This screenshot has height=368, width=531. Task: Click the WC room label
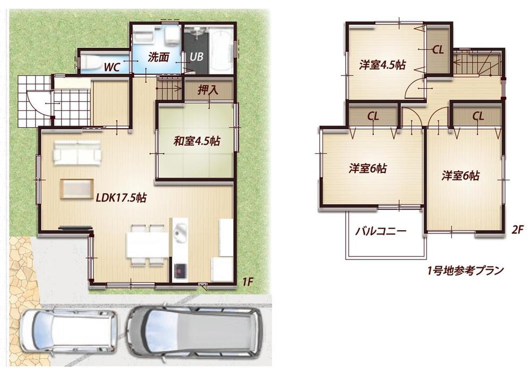111,67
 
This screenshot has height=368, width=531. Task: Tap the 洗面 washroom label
158,56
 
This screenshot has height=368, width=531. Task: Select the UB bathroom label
195,56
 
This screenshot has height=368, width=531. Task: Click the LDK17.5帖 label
121,198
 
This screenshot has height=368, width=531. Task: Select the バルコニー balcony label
380,232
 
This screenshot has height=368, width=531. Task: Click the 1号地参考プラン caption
465,270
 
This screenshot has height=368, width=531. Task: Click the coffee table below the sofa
77,189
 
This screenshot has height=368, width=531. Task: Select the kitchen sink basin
179,232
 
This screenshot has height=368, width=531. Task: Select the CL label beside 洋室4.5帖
438,51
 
